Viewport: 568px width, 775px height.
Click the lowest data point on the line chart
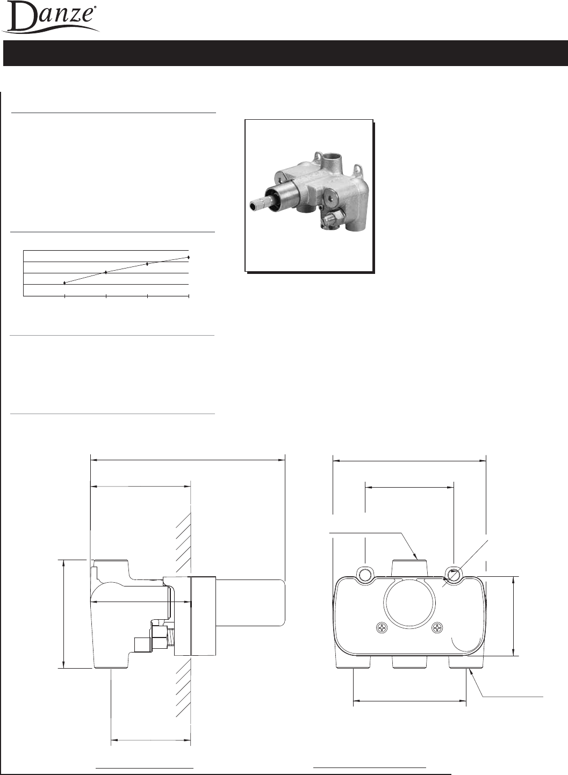(x=64, y=283)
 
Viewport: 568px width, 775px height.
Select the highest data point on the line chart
(x=189, y=257)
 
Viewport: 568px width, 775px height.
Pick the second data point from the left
(x=106, y=272)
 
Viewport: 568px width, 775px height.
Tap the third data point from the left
(x=147, y=264)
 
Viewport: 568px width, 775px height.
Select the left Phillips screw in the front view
(x=382, y=627)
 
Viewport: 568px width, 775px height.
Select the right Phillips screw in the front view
(x=438, y=627)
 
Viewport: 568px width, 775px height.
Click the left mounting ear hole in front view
(x=365, y=575)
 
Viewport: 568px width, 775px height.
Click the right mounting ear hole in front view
(x=453, y=575)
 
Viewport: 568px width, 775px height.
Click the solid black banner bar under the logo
(x=285, y=53)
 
